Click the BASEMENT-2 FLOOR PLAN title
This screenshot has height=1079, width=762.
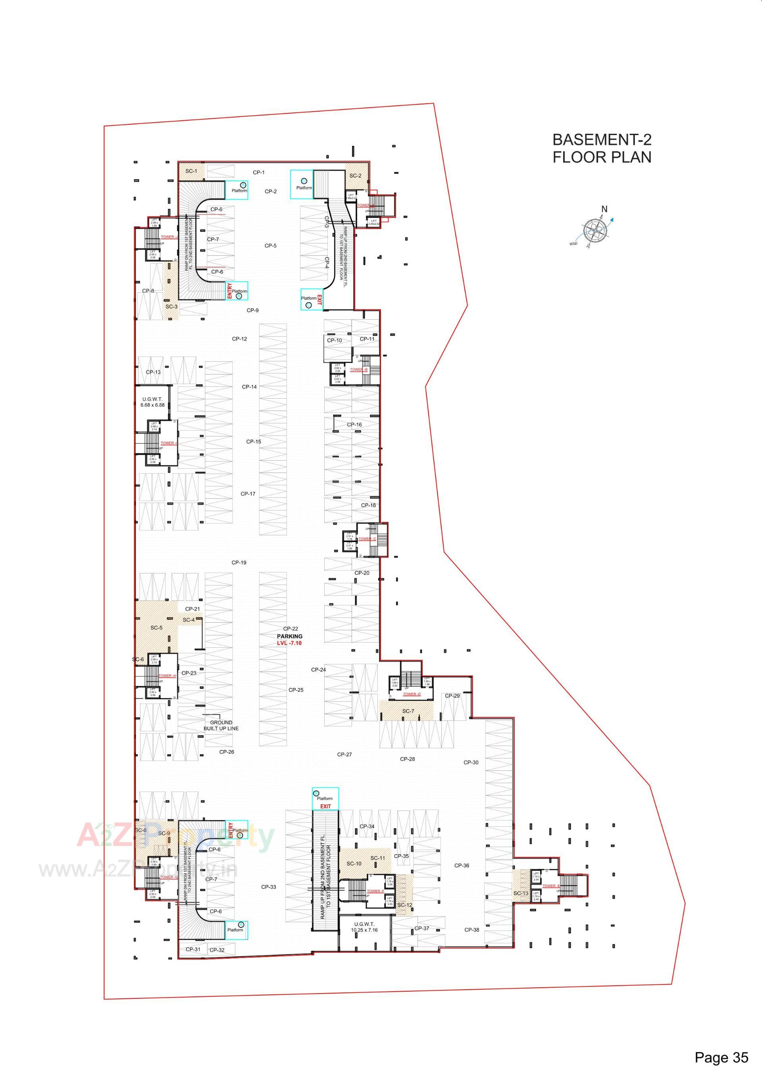pos(602,148)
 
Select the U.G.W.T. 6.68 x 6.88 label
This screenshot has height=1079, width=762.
pos(152,402)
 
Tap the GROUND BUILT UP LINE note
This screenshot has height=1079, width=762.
pos(221,725)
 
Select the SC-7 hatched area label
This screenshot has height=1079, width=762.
pos(408,711)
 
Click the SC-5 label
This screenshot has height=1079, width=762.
pos(156,627)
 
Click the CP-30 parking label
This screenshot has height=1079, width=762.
pos(471,749)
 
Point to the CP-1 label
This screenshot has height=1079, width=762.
pos(258,172)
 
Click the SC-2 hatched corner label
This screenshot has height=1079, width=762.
pos(355,176)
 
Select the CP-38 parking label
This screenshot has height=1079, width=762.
pos(471,930)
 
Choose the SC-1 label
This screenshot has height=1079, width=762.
pos(191,171)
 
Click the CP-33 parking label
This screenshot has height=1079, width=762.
pos(268,887)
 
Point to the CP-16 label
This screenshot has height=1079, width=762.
pos(354,425)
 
